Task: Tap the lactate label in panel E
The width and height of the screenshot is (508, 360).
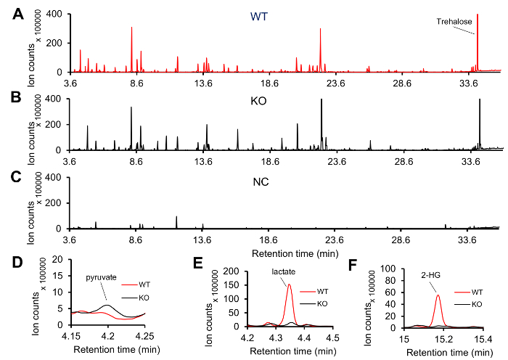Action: click(284, 272)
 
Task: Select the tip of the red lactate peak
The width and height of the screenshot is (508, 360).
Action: click(290, 285)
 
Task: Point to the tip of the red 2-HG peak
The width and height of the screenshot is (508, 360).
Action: click(438, 294)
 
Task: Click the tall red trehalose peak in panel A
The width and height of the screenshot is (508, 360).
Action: click(477, 16)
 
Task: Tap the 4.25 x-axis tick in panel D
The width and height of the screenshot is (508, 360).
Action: click(144, 336)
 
